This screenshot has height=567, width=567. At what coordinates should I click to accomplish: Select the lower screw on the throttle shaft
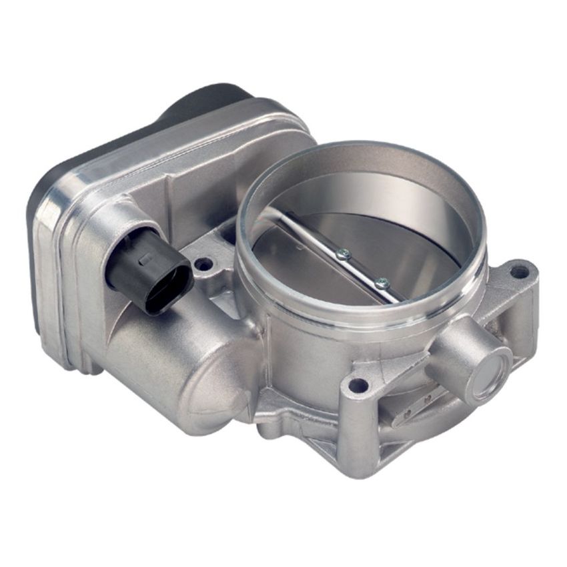pos(381,283)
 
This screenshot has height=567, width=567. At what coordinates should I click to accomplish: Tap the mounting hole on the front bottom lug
pos(358,385)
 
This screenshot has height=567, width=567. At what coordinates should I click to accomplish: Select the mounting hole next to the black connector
pos(203,263)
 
